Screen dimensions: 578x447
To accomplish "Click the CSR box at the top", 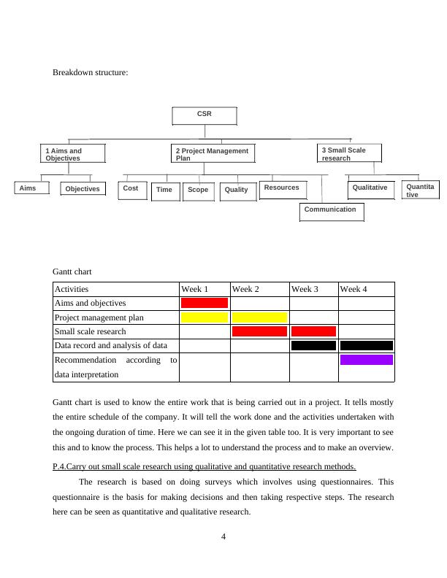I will [x=205, y=116].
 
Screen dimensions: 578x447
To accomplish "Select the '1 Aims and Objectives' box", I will [x=72, y=154].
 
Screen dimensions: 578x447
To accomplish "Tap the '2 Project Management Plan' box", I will [x=213, y=154].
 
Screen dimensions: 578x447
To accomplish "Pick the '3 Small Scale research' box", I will [x=349, y=153].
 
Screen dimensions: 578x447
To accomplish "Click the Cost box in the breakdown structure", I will [x=131, y=190].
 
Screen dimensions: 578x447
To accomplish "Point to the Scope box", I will [x=198, y=191].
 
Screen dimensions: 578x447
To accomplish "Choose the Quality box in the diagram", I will [x=237, y=191].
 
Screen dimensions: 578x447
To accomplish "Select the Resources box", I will [x=282, y=189].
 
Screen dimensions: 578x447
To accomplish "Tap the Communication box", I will [x=331, y=211].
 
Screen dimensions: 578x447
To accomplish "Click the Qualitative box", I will [x=370, y=189].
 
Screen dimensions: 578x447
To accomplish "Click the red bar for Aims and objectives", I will [x=205, y=303].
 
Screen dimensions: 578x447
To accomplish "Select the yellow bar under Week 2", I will [x=259, y=317].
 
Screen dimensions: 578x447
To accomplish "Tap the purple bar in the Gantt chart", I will [x=367, y=360].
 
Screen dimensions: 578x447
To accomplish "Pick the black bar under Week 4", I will [x=367, y=345].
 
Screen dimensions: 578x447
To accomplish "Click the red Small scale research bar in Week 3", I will [x=313, y=331].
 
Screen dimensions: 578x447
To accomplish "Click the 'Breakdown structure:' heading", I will [x=91, y=73].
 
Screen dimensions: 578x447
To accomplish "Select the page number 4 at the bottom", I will [x=223, y=537].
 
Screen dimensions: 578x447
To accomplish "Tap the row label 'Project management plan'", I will [x=99, y=317].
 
